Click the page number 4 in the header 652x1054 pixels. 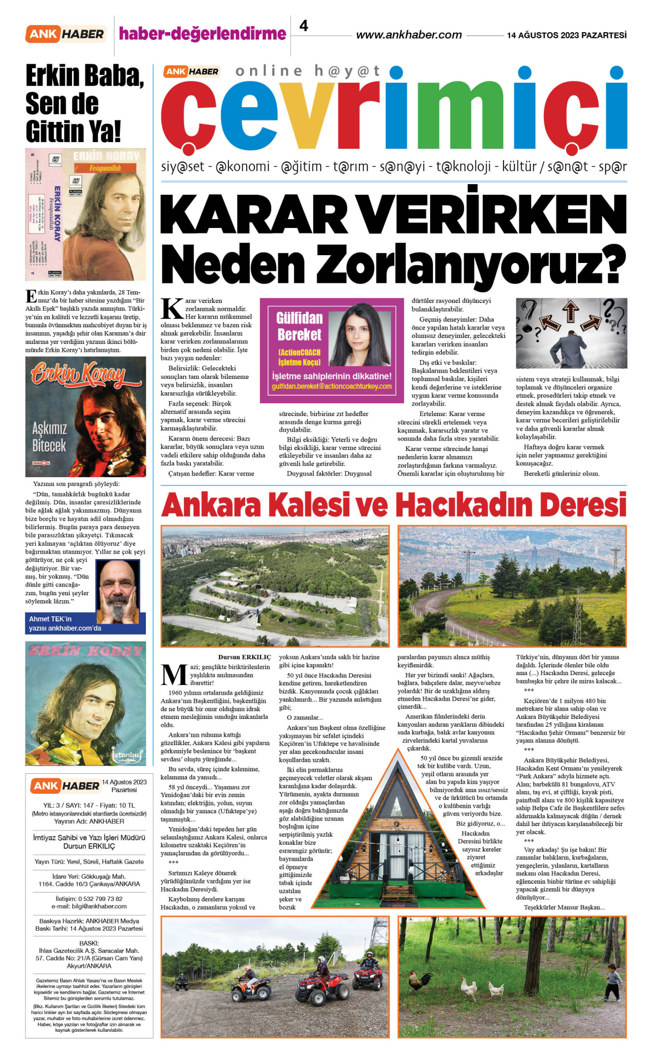click(x=304, y=26)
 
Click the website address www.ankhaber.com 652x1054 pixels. click(x=409, y=35)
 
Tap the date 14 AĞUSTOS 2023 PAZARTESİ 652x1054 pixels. click(x=567, y=35)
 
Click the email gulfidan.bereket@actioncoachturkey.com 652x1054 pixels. click(x=332, y=387)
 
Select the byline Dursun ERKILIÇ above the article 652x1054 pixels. click(x=244, y=657)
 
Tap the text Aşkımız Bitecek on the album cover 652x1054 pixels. click(x=49, y=437)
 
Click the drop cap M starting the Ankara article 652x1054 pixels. click(x=174, y=675)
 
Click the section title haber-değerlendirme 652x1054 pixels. click(x=202, y=34)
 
